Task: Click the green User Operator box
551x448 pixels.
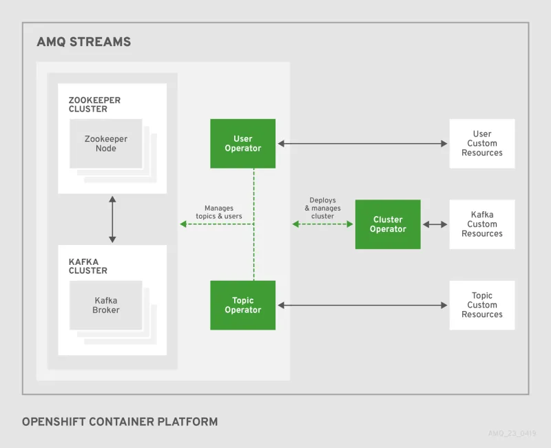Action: click(x=242, y=143)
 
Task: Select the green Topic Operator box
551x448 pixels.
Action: click(x=242, y=305)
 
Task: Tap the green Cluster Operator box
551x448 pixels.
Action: click(x=388, y=224)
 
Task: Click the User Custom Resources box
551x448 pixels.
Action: click(x=481, y=143)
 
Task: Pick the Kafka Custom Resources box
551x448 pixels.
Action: click(x=481, y=224)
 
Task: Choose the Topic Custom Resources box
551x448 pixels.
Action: click(x=481, y=305)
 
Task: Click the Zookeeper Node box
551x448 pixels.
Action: click(x=106, y=143)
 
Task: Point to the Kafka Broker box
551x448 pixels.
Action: click(x=106, y=305)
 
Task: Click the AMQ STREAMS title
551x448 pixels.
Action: click(x=83, y=42)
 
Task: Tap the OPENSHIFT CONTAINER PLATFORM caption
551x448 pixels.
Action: click(x=120, y=421)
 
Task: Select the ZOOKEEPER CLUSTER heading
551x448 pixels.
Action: click(x=94, y=105)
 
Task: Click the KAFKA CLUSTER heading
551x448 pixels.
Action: click(x=88, y=266)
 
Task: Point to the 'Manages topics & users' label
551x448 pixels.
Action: click(x=219, y=212)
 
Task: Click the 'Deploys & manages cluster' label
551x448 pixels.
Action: click(x=322, y=208)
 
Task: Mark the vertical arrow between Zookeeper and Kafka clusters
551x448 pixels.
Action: click(x=112, y=220)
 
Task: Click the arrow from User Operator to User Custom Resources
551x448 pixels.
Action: click(x=362, y=144)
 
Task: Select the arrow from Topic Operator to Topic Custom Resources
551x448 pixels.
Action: click(x=362, y=305)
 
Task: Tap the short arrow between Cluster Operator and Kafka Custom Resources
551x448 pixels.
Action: click(x=435, y=224)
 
